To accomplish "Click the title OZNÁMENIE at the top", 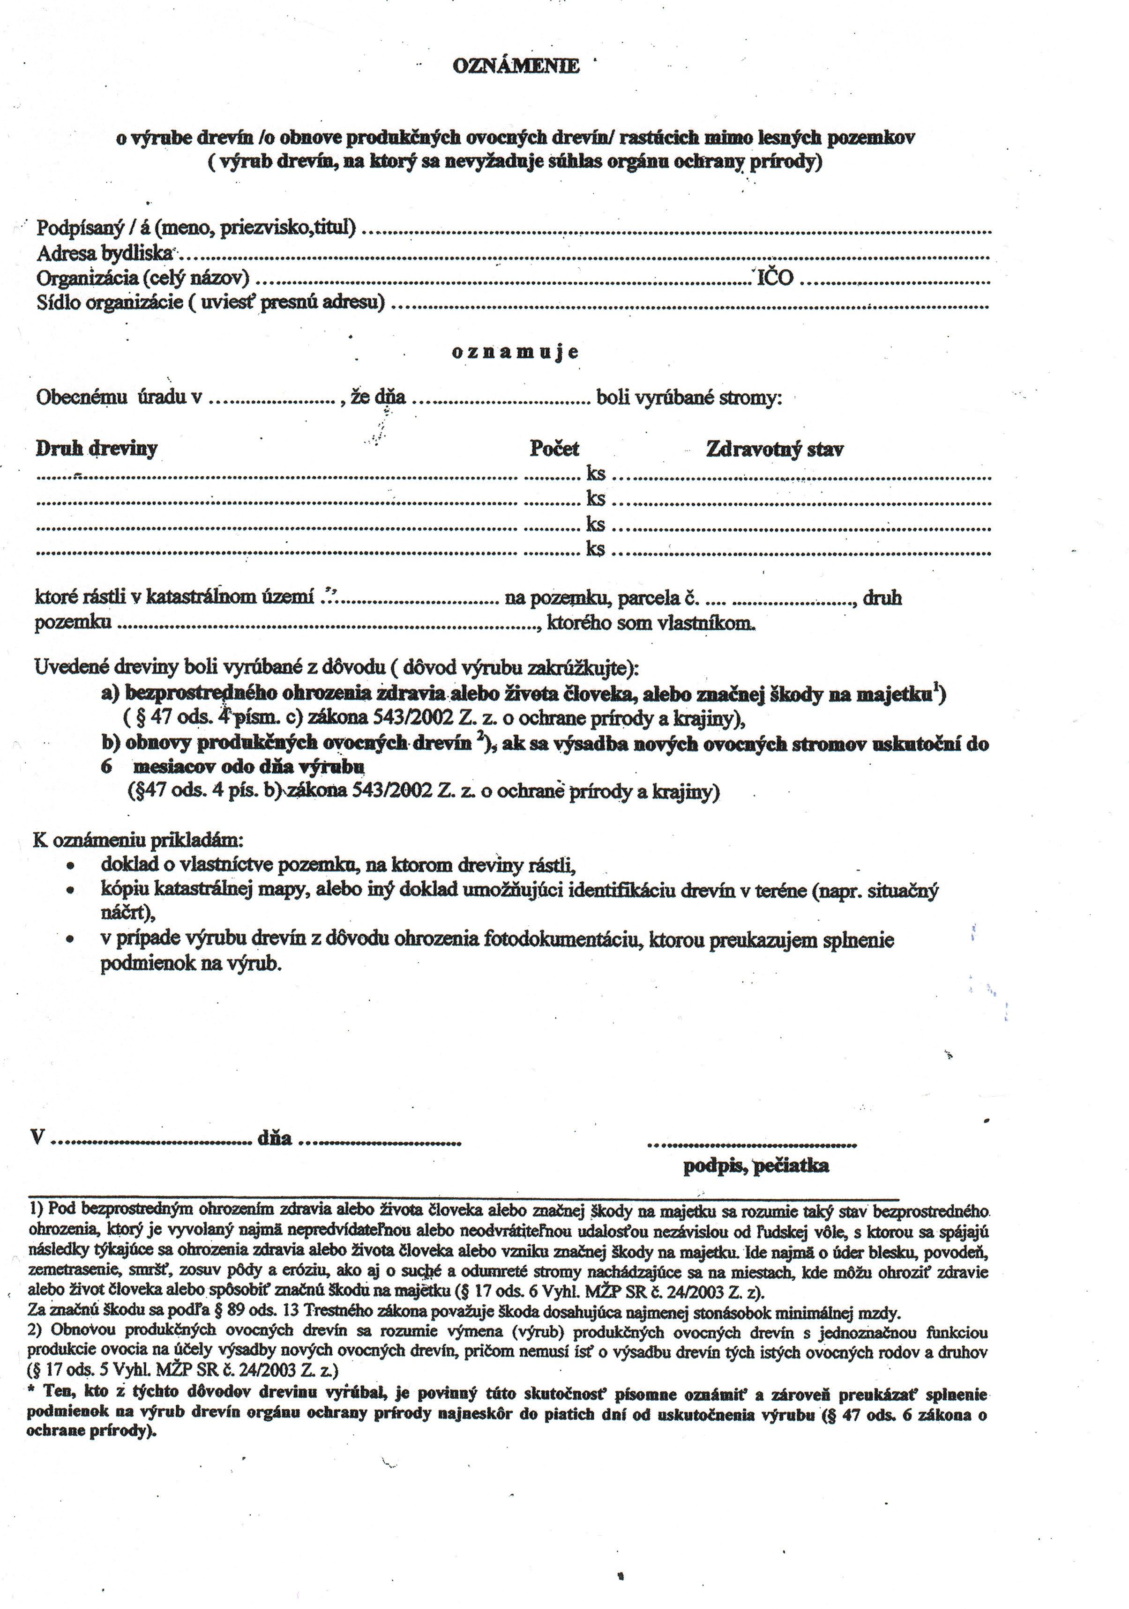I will (516, 66).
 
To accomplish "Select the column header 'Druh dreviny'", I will (97, 449).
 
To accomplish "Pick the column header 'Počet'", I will (554, 449).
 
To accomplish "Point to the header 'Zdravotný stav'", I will (774, 449).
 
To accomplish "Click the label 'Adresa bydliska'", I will (104, 253).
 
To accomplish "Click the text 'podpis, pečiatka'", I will (756, 1166).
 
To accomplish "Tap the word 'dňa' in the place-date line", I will (274, 1138).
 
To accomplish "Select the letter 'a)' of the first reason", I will (110, 694).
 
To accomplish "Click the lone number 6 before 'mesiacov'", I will (106, 766).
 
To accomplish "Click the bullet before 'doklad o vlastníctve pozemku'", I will (70, 866).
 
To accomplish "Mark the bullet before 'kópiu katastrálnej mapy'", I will (70, 892).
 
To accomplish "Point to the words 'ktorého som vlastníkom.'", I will (651, 623).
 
